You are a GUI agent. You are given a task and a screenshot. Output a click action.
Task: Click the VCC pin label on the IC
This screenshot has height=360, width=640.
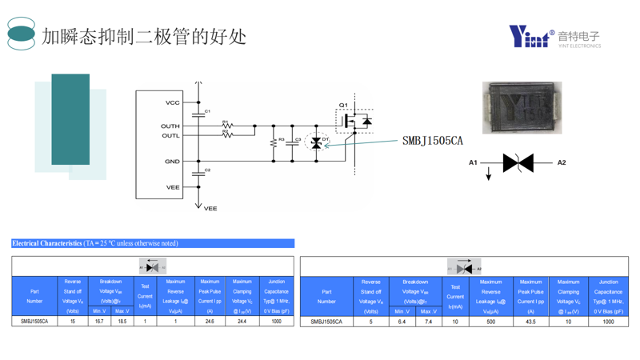pos(172,102)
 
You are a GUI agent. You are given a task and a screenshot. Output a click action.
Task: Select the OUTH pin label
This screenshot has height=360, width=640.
pos(170,126)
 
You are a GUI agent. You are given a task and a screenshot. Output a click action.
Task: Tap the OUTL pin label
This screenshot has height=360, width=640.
pos(170,135)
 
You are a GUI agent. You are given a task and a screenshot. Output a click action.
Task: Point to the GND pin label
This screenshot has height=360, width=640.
pos(172,162)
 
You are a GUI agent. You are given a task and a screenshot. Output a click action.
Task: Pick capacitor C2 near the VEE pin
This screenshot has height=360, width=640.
pos(199,173)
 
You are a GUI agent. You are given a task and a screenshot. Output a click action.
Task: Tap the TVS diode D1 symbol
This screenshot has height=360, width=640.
pos(317,143)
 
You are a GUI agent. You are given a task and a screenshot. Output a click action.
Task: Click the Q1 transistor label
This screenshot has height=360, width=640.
pos(342,105)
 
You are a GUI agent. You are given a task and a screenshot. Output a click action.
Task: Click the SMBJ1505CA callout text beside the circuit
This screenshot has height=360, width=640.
pos(432,141)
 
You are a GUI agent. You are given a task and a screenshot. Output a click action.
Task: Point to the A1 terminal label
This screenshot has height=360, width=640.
pos(474,162)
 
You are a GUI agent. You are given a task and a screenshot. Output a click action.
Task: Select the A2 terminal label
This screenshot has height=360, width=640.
pos(561,162)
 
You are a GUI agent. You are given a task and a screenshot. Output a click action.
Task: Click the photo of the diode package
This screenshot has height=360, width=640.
pos(522,107)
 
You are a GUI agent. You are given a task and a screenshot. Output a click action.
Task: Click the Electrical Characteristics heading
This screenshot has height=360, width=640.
pos(48,243)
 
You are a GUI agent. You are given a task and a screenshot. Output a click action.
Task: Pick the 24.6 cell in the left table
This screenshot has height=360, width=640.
pos(210,321)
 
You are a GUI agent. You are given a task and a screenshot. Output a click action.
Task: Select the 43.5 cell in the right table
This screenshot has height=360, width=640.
pos(530,322)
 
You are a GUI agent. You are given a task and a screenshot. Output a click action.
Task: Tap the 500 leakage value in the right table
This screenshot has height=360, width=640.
pos(490,322)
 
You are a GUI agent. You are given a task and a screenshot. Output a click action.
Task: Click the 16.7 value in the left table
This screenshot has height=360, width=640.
pos(99,321)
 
